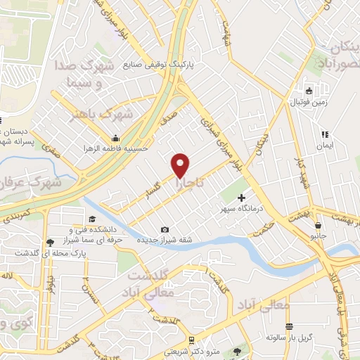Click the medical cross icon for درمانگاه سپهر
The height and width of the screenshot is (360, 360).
[242, 198]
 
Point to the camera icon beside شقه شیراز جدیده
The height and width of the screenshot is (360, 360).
[165, 229]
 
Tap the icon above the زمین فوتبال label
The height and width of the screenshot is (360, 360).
[308, 91]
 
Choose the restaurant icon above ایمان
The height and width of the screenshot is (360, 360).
[324, 134]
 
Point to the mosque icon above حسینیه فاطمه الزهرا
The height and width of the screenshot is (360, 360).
[114, 138]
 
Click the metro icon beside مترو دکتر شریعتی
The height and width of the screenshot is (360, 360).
[235, 350]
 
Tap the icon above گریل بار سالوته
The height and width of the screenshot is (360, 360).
[290, 325]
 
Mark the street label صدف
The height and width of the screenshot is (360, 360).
[168, 121]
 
